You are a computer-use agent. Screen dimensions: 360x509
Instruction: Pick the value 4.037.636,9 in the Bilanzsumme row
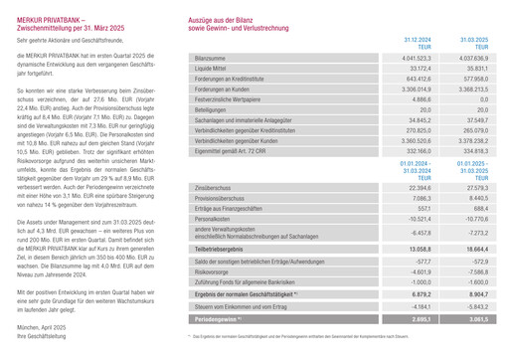pyautogui.click(x=472, y=59)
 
